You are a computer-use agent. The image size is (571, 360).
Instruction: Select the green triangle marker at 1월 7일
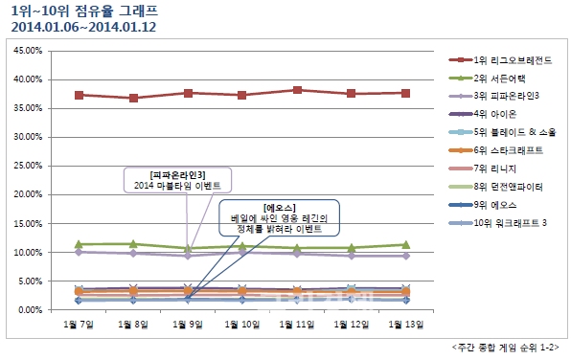coord(80,244)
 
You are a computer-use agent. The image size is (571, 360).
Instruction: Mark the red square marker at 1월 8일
coord(134,98)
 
